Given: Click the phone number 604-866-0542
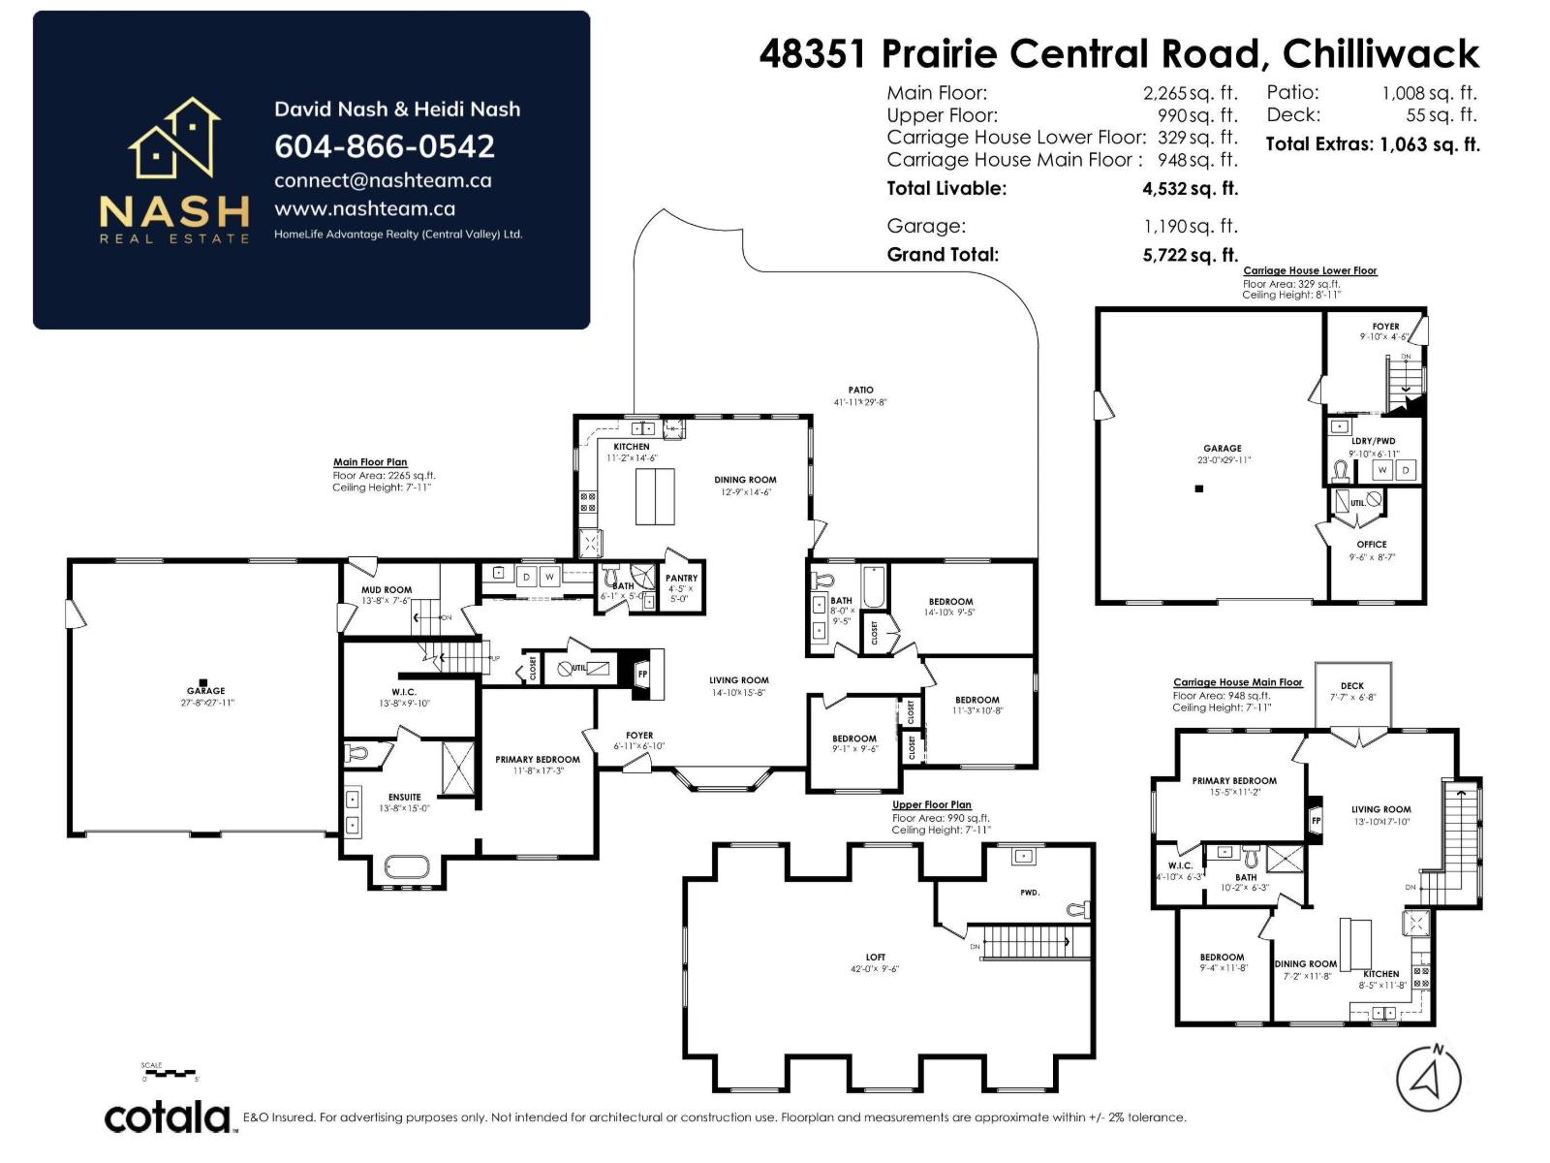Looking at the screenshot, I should (385, 146).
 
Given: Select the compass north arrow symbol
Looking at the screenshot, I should (1429, 1079).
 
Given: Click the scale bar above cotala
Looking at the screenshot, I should (170, 1074).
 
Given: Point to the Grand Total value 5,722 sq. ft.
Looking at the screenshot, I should (1190, 255).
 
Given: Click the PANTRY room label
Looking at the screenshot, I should (681, 579).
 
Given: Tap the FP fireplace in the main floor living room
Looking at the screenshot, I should (642, 674).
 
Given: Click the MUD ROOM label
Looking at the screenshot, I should (387, 589).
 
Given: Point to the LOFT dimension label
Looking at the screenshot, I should (876, 968).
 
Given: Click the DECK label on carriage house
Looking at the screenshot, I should (1352, 686).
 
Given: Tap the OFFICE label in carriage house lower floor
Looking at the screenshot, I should (1372, 545).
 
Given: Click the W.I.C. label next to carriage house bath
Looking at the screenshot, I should (1180, 865).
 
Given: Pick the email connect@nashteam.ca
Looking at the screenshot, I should (383, 180).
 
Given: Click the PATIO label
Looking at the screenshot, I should (860, 390).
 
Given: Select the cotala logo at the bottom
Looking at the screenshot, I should (167, 1117).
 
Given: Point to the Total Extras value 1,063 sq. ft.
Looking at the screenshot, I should (1429, 145).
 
